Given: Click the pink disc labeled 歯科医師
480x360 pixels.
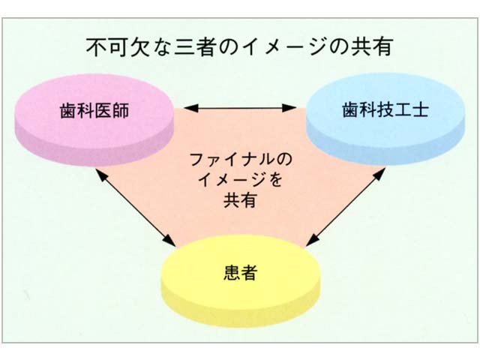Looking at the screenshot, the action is pyautogui.click(x=94, y=119).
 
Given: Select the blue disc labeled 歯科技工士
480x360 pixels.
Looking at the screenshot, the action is pyautogui.click(x=385, y=118).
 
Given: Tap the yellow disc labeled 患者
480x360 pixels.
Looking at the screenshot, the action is pyautogui.click(x=240, y=280).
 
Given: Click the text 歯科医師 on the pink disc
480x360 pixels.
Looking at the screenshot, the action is pyautogui.click(x=94, y=110).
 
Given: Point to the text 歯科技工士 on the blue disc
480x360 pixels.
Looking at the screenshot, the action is pyautogui.click(x=385, y=109).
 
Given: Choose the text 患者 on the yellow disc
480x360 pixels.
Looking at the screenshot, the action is pyautogui.click(x=240, y=272).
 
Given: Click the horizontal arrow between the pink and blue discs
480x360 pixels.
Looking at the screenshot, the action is pyautogui.click(x=240, y=108).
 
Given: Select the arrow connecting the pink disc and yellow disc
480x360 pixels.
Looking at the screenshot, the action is pyautogui.click(x=135, y=208).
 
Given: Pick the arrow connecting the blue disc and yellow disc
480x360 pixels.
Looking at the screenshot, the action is pyautogui.click(x=346, y=207).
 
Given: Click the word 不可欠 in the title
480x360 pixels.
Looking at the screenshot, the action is pyautogui.click(x=117, y=47).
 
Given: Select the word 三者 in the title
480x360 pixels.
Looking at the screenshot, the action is pyautogui.click(x=194, y=47).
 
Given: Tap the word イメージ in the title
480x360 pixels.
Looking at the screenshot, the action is pyautogui.click(x=284, y=47).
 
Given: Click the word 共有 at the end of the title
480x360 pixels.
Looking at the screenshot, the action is pyautogui.click(x=373, y=47).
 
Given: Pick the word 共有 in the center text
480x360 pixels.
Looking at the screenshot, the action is pyautogui.click(x=240, y=200).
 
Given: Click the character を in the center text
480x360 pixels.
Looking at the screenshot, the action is pyautogui.click(x=274, y=180).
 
